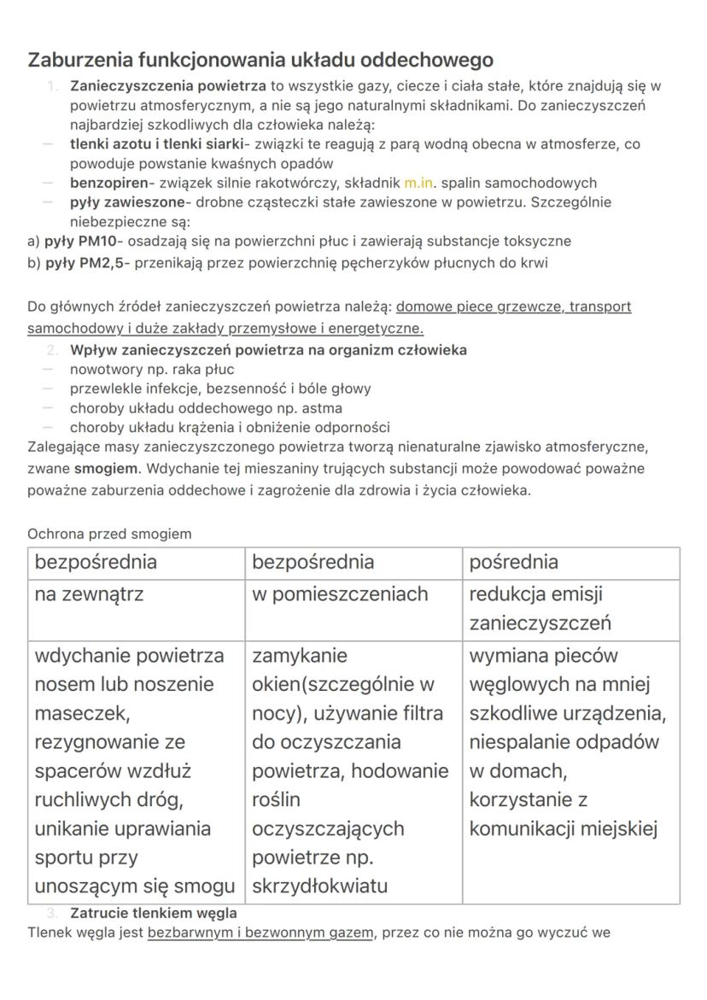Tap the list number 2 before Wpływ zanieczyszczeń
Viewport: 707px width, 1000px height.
pos(53,350)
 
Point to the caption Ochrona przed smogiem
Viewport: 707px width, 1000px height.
pos(109,534)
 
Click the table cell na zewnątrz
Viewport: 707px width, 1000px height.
pos(89,594)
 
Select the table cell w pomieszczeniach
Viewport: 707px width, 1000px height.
pos(339,594)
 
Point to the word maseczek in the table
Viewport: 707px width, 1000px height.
pos(81,713)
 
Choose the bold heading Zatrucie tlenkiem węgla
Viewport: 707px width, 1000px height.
pos(154,913)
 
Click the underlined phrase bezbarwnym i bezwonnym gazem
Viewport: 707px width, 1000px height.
pos(260,933)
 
